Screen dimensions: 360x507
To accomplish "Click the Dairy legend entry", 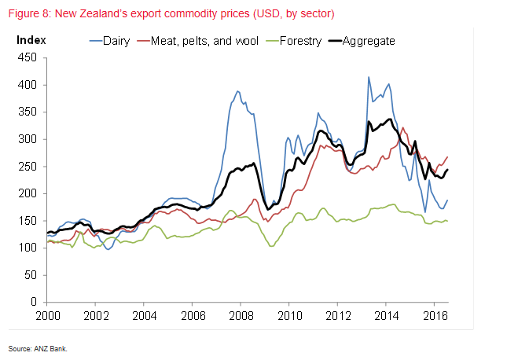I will pos(116,40).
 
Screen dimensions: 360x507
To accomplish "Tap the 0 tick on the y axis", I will pos(34,303).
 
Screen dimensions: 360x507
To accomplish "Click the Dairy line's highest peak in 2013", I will pos(369,77).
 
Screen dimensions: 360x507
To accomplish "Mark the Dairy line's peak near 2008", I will pos(237,91).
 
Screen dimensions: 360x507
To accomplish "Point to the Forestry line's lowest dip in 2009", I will pos(272,246).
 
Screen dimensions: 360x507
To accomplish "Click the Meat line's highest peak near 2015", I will pos(403,128).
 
